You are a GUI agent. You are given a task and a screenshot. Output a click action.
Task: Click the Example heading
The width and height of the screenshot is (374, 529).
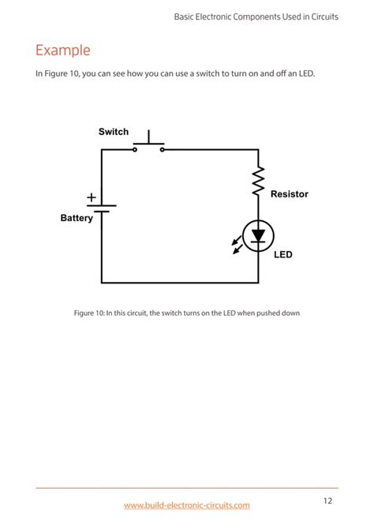pos(63,51)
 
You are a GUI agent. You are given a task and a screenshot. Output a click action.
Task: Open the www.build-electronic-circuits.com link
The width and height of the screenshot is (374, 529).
pos(187,505)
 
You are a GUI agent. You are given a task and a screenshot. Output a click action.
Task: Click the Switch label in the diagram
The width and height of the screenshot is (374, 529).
pos(114,132)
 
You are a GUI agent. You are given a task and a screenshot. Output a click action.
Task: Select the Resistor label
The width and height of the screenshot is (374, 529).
pos(290,193)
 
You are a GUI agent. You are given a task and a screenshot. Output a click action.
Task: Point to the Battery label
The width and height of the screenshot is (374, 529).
pos(77,218)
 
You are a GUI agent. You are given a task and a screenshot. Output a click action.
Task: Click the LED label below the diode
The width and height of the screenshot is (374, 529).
pos(283,254)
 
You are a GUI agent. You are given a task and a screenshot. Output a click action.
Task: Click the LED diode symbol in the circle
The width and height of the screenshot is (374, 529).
pos(258,234)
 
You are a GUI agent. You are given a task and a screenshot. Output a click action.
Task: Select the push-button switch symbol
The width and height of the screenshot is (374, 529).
pos(148,144)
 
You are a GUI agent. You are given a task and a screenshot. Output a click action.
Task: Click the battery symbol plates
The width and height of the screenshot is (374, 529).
pos(102,208)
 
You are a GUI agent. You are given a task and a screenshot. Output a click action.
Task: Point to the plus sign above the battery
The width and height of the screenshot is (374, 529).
pos(92,197)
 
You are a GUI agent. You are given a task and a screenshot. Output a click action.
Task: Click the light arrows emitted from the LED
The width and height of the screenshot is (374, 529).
pos(237,246)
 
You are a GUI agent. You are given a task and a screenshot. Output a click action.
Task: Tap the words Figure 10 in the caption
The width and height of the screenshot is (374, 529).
pos(89,313)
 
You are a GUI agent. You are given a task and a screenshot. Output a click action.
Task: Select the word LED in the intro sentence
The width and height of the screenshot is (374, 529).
pos(307,73)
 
